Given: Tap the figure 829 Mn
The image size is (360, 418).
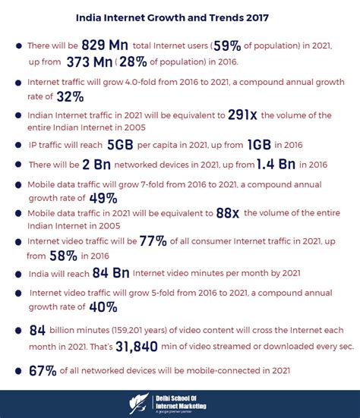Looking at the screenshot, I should (x=106, y=45).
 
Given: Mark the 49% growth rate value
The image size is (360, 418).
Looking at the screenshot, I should (x=101, y=199).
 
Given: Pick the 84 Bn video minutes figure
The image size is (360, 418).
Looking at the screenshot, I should (x=112, y=273).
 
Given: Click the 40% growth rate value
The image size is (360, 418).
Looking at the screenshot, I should (x=101, y=307).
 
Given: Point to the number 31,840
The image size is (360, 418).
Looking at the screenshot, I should (x=134, y=345).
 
